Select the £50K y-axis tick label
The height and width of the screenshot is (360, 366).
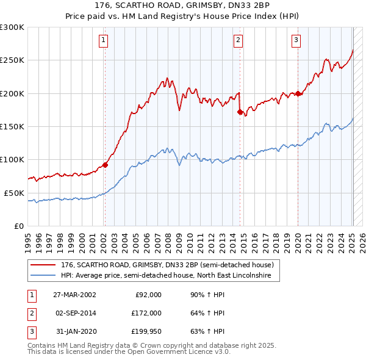(14, 193)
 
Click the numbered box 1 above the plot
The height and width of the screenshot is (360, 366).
(104, 41)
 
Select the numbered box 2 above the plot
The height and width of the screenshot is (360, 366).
(237, 41)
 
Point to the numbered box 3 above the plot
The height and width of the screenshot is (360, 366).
(296, 41)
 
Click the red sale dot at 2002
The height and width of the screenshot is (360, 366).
(105, 165)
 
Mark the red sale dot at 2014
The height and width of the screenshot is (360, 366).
(240, 112)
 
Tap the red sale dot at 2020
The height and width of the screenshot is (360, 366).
(298, 93)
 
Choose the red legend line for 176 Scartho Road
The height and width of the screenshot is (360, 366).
(43, 265)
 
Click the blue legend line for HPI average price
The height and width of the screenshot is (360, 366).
(43, 276)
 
